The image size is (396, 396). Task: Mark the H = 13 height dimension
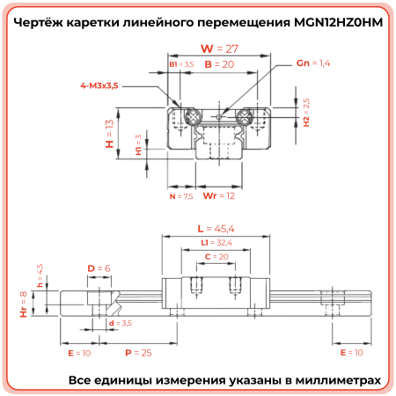point(110,136)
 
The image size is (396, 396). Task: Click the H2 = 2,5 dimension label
point(306,113)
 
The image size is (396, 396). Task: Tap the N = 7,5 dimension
point(180,197)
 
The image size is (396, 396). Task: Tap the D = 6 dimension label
point(98,267)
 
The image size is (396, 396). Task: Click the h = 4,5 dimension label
point(39,275)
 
